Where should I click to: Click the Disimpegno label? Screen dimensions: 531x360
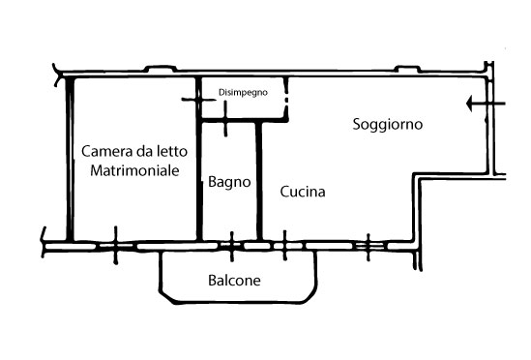pos(243,93)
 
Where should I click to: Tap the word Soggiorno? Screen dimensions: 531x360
pos(388,125)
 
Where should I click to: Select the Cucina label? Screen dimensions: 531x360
pos(303,192)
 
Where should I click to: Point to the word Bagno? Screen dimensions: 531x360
pos(229,182)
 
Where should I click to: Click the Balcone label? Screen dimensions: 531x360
pos(234,281)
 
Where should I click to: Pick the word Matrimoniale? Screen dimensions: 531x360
pos(134,170)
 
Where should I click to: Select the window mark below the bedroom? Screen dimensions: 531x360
pos(116,245)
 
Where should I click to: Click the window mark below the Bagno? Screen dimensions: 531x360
pos(231,247)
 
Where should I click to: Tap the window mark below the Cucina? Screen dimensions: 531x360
pos(284,246)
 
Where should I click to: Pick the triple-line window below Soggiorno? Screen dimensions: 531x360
pos(369,247)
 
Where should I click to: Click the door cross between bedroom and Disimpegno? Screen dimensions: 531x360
pos(199,100)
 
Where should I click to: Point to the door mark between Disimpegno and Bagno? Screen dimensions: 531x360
pos(226,119)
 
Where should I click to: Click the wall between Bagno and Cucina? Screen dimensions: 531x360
pos(259,181)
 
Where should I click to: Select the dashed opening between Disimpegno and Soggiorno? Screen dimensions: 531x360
pos(286,100)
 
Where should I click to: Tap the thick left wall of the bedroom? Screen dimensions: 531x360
pos(70,160)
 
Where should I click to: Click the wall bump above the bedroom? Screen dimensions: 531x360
pos(161,68)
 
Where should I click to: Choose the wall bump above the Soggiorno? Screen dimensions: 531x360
pos(408,69)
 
